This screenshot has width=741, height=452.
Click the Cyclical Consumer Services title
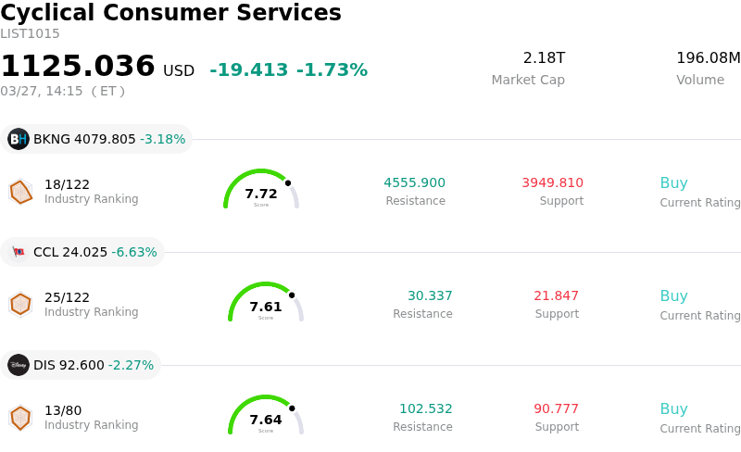(x=170, y=14)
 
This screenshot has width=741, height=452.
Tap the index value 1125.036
(x=78, y=67)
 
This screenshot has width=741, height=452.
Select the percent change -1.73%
(x=332, y=70)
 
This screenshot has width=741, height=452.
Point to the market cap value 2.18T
(x=544, y=58)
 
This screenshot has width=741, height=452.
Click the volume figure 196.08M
(x=708, y=58)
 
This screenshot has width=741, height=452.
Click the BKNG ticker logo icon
(x=19, y=139)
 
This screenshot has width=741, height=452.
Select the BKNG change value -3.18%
(x=163, y=140)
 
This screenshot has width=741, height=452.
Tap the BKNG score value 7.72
(x=261, y=194)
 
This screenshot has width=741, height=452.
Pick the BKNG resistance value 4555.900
(x=414, y=182)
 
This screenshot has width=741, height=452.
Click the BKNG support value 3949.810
(x=552, y=182)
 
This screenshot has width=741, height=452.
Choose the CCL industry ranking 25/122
(x=67, y=297)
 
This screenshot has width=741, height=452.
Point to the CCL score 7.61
(x=266, y=307)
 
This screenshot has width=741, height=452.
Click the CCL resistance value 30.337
(x=430, y=295)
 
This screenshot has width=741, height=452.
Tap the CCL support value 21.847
(x=556, y=295)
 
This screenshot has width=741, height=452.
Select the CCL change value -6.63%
(x=134, y=252)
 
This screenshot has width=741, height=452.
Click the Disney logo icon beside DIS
(x=19, y=365)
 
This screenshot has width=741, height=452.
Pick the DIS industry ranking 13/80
(x=63, y=410)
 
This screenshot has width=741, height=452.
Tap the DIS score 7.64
(x=266, y=420)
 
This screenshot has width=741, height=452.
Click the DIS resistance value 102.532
(x=426, y=408)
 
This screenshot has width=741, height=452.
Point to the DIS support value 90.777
(x=556, y=408)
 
